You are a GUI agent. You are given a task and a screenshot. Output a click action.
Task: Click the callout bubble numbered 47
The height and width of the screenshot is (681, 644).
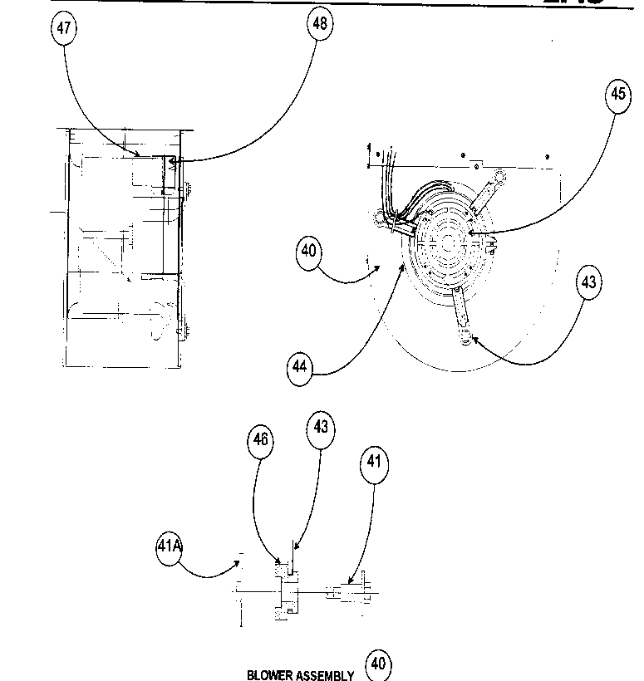pos(64,28)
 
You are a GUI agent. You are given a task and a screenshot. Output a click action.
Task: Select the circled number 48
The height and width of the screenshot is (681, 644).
pos(319,23)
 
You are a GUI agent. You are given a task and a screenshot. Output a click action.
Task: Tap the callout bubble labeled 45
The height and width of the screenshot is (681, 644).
pos(618,95)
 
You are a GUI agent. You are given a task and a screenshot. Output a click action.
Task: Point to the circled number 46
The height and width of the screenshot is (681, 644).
pos(261,440)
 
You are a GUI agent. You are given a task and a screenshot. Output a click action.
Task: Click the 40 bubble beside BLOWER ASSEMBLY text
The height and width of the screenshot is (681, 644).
pos(378,664)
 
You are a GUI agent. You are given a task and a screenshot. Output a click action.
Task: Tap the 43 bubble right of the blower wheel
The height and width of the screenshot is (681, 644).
pos(587,283)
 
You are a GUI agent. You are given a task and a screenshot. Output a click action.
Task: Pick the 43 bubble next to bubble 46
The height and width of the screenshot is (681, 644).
pos(321,429)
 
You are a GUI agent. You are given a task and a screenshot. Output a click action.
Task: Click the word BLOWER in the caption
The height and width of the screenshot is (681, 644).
pos(269,674)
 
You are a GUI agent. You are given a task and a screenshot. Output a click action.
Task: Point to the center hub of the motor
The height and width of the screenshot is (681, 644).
pos(447,242)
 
